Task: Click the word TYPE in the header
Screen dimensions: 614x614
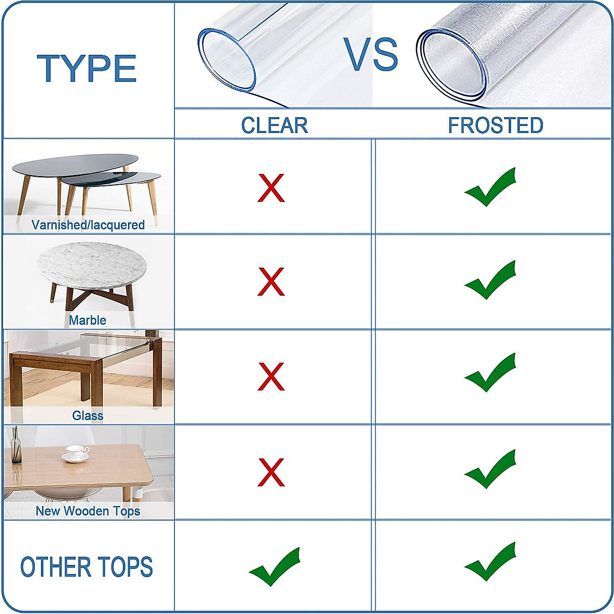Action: point(87,69)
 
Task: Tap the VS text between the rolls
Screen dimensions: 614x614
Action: point(371,55)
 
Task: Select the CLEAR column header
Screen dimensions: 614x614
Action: point(274,125)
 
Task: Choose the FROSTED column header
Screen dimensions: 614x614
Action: point(495,125)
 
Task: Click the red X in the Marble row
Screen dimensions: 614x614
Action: point(271,281)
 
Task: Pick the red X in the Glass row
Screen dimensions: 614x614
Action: point(271,377)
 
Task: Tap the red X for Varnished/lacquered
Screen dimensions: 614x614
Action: point(271,188)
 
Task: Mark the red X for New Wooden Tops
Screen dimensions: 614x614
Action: point(271,472)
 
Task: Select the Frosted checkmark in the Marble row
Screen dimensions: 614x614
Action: point(490,280)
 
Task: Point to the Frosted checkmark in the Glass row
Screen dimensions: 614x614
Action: point(490,374)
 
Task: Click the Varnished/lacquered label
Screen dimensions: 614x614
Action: point(88,225)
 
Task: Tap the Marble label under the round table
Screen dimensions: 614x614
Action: point(87,320)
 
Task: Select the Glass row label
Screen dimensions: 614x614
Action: point(87,415)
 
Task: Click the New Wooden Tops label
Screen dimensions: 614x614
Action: point(87,511)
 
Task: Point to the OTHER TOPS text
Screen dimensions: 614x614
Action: point(86,567)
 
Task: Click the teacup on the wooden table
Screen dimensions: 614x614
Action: point(76,452)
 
